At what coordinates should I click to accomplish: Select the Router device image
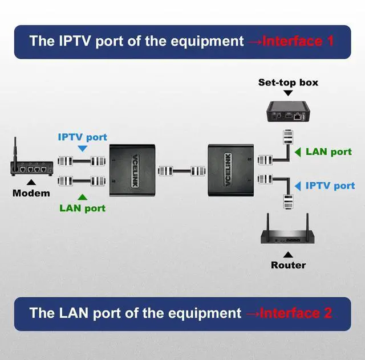coord(287,234)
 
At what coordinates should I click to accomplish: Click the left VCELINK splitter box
coord(132,169)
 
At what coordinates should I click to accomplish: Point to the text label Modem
coord(31,193)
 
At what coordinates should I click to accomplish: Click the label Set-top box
coord(288,83)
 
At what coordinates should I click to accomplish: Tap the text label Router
coord(288,265)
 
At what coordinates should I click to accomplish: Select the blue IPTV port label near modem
coord(83,137)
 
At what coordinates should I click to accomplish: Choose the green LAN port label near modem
coord(83,208)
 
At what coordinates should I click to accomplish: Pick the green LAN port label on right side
coord(329,152)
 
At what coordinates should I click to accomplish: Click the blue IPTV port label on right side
coord(330,186)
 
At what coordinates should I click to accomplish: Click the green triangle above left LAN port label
coord(83,197)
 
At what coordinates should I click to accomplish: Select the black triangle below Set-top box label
coord(288,93)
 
